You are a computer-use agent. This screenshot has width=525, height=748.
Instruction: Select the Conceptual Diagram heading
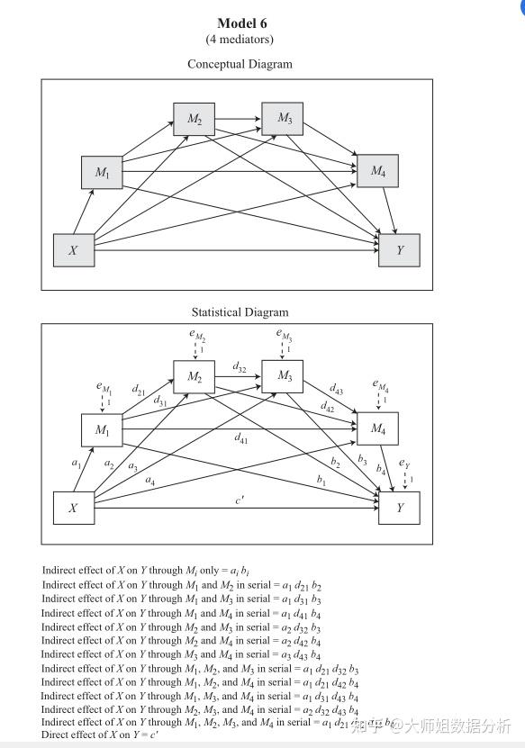pos(240,64)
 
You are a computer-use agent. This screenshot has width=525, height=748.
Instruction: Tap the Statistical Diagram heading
pos(240,312)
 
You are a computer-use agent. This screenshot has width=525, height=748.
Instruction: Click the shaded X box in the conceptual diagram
pos(74,250)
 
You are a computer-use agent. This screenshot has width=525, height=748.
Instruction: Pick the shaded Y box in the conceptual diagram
pos(399,250)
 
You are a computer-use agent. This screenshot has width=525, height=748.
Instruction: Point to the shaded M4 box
pos(377,170)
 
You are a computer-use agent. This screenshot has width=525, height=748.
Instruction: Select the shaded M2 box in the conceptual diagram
pos(195,119)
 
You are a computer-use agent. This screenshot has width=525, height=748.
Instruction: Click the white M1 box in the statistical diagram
pos(102,429)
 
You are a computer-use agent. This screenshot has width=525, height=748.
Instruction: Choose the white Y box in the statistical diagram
pos(399,508)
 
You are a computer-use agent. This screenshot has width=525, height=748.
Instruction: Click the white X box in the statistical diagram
pos(74,508)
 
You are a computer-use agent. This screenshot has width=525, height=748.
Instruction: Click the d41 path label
pos(240,439)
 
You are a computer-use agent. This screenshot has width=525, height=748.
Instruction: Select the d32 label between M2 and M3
pos(239,367)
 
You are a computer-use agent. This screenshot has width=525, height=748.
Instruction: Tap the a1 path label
pos(76,462)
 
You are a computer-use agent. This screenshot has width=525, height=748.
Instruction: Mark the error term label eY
pos(405,464)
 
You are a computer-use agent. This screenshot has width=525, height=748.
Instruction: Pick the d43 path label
pos(335,390)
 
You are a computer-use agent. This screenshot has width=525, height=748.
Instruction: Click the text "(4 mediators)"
pos(240,40)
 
